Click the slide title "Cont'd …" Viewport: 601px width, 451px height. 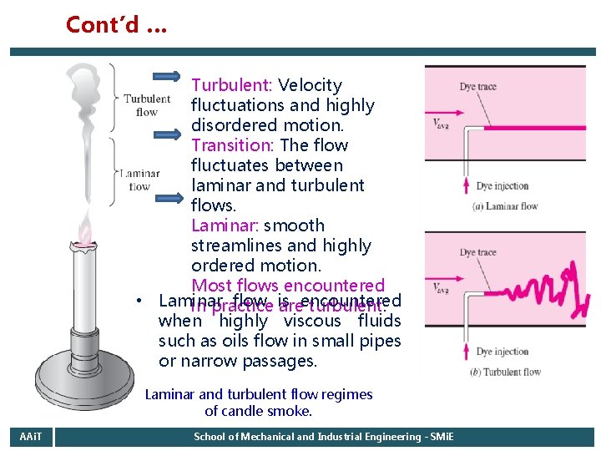(116, 25)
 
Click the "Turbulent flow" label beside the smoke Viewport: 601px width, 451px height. (147, 105)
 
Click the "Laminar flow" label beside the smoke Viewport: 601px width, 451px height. (139, 180)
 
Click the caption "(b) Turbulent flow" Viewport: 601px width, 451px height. (505, 372)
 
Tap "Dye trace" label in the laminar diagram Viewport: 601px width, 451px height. (477, 88)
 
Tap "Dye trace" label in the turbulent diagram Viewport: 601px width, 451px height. (477, 252)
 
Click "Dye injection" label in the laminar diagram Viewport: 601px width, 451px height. (503, 186)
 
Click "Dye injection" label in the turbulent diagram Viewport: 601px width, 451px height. (503, 352)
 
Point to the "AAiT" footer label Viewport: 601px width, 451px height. (30, 437)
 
